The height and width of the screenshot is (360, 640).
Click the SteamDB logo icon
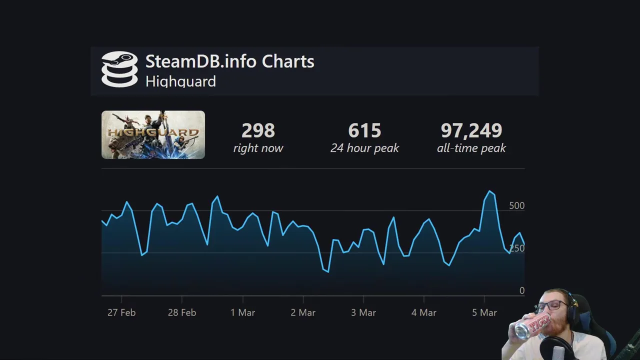coord(119,69)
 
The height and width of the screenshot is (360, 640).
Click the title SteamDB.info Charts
coord(229,61)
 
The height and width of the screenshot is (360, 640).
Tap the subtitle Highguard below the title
coord(180,81)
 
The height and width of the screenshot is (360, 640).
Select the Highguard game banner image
coord(153,135)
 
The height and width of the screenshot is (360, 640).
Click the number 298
coord(258,131)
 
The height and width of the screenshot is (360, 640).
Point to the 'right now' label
coord(258,148)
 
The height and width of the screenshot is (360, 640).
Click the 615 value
coord(364,131)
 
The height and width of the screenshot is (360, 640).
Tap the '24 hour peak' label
coord(364,148)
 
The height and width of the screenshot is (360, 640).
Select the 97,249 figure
coord(471,131)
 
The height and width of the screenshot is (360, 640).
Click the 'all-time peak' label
coord(471,148)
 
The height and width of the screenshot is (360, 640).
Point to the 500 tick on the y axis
coord(516,205)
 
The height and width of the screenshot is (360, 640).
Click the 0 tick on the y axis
coord(521,290)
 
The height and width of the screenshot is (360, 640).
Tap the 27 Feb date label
coord(121,312)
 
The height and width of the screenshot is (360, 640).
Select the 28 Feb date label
coord(182,312)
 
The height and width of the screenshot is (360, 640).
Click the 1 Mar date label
coord(242,312)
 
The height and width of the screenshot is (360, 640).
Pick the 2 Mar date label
coord(303,312)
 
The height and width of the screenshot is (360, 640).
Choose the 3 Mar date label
coord(363,312)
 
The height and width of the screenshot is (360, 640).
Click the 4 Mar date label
coord(424,312)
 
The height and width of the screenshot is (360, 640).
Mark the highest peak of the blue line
coord(490,191)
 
